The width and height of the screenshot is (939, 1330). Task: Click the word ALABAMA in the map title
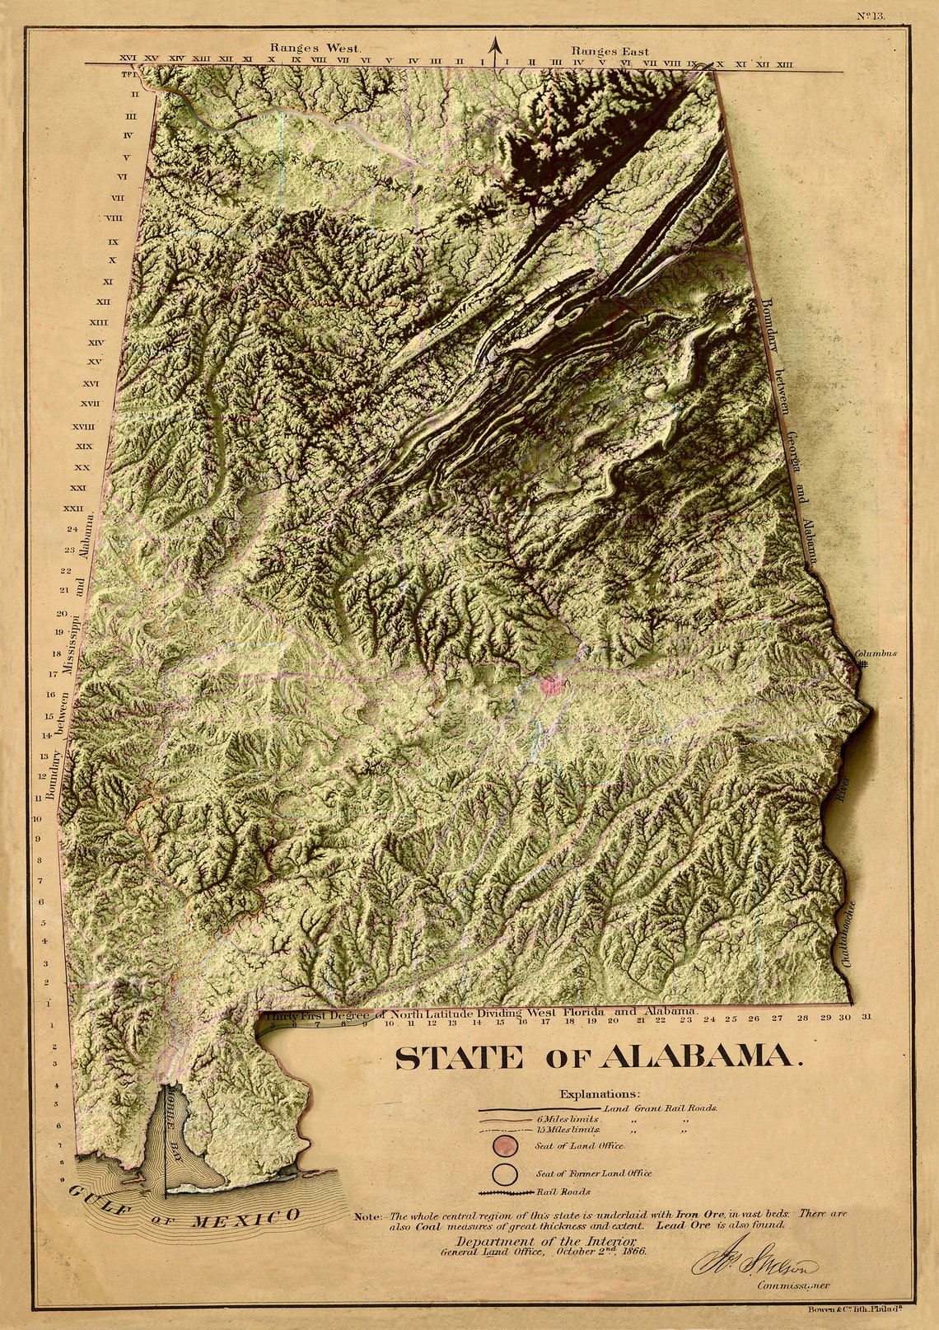703,1057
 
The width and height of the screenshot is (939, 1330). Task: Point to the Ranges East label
610,51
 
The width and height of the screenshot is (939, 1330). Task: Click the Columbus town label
875,653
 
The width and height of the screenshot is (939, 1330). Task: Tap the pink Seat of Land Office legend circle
504,1145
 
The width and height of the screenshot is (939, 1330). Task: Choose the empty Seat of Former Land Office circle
504,1173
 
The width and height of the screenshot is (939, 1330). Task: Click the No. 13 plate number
871,15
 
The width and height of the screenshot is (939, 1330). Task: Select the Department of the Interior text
545,1241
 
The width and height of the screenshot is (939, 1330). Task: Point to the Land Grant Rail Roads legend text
661,1108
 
